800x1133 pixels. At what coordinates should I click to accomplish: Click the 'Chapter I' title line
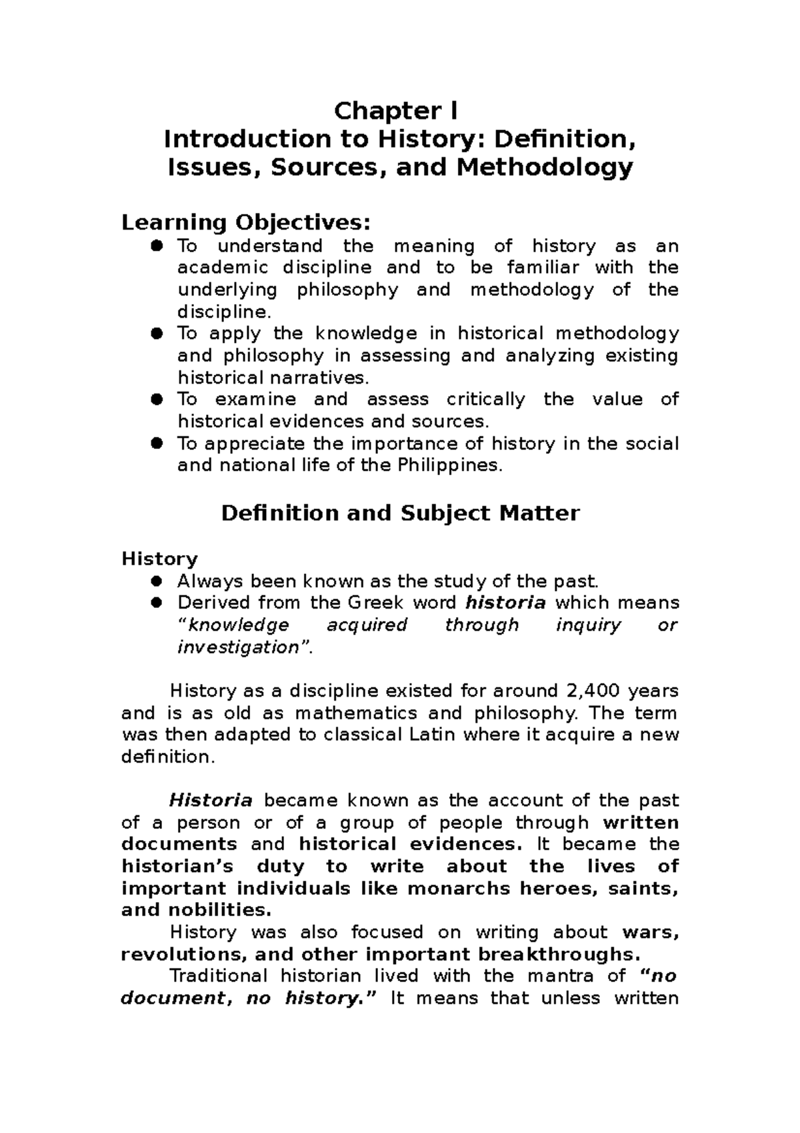396,111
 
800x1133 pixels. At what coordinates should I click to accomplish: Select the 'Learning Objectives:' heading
245,222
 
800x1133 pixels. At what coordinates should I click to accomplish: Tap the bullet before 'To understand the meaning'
157,246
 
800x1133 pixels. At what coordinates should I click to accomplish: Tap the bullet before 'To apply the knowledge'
157,333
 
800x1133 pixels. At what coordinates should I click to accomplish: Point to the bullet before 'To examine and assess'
157,399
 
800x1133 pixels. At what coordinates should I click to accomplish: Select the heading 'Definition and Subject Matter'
400,513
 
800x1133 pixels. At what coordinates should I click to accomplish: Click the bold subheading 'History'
159,558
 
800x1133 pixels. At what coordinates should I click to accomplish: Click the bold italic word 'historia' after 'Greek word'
505,603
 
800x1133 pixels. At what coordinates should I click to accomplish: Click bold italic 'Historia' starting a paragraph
211,800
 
